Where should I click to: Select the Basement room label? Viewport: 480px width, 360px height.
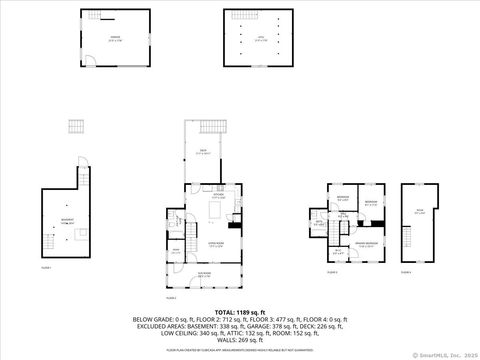click(x=66, y=223)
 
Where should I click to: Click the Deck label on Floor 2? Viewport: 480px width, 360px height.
click(x=203, y=151)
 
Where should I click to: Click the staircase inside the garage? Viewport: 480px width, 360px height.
click(x=92, y=19)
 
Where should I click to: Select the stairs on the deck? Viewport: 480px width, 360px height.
click(x=209, y=125)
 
